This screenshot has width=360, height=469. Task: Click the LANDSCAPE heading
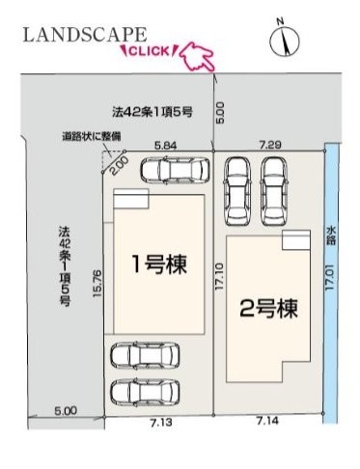85,35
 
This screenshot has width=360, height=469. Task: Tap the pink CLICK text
150,51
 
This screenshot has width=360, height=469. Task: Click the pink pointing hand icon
197,57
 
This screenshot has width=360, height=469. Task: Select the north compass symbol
285,40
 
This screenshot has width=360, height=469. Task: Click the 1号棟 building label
159,264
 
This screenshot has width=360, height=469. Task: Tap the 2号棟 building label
269,308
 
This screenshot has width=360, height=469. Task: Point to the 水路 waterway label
331,235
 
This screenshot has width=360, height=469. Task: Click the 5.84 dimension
166,146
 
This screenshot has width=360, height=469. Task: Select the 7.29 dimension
270,145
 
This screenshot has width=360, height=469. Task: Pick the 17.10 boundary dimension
219,277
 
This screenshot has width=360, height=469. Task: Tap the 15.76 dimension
97,283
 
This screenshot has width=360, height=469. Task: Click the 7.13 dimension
161,422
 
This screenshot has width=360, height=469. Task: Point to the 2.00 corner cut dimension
121,165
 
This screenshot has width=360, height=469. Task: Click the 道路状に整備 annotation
92,136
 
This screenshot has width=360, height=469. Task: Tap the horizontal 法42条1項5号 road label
152,112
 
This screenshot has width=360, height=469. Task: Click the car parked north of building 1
175,170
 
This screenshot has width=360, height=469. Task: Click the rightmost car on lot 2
274,192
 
